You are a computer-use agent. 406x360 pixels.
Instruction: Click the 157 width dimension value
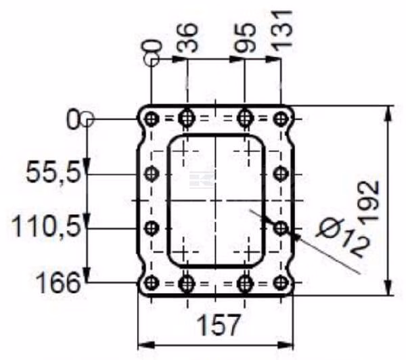218,325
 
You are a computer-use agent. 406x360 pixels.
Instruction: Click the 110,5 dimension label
47,227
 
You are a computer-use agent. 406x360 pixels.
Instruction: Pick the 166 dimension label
58,282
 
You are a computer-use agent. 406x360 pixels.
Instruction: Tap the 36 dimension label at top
187,38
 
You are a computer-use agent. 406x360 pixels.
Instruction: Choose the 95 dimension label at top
245,38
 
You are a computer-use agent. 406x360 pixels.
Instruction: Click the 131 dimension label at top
281,31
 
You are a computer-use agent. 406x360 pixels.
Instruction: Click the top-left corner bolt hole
151,119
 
